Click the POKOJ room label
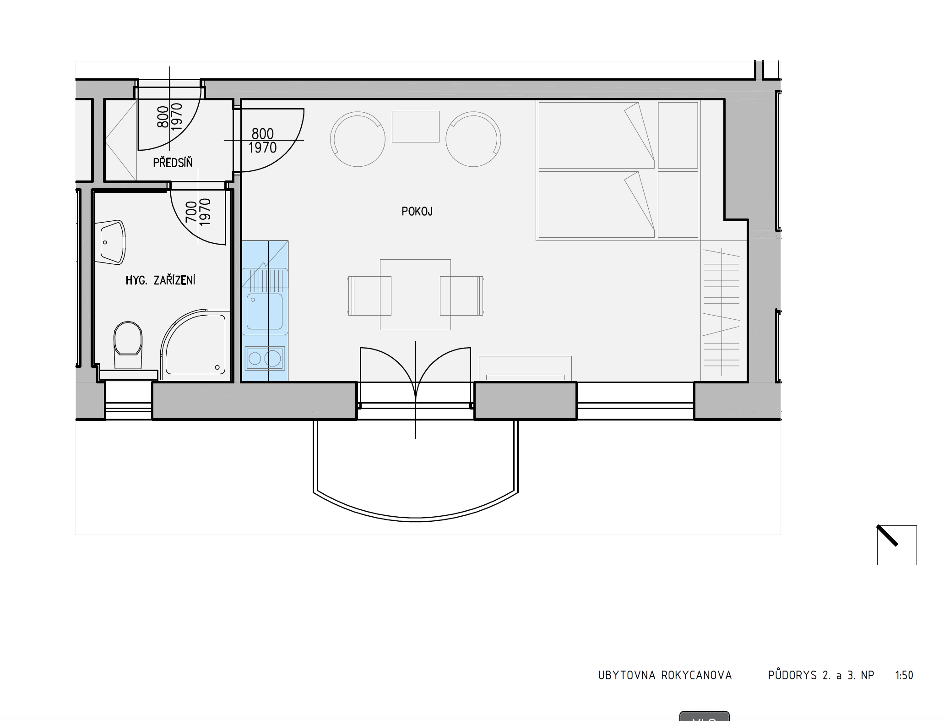[x=417, y=211]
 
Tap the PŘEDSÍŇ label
[x=173, y=162]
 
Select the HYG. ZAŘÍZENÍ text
[x=160, y=280]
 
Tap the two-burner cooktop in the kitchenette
[x=265, y=358]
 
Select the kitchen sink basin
[x=265, y=311]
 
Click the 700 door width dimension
[x=191, y=212]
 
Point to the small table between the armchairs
[x=415, y=126]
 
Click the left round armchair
[x=358, y=139]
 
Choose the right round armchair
[x=473, y=139]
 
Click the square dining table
[x=415, y=295]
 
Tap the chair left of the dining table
[x=369, y=295]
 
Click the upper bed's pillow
[x=678, y=135]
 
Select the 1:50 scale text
[x=904, y=675]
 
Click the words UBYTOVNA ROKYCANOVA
[x=665, y=675]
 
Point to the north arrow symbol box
[x=897, y=545]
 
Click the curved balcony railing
[x=415, y=519]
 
